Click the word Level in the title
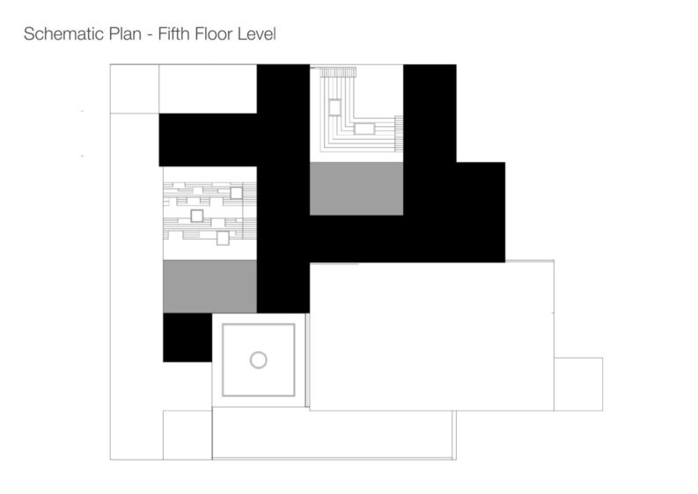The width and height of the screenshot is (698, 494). pos(256,33)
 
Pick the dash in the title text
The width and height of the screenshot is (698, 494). pos(150,35)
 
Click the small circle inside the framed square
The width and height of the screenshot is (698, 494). pos(258,360)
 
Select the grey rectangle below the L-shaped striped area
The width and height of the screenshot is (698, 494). pos(356,188)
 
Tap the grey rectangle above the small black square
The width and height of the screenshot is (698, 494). pos(209,286)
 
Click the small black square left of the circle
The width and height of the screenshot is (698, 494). pos(187,337)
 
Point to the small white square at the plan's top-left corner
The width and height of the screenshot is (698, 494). pos(135,89)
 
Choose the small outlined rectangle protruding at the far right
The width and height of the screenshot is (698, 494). pos(578,384)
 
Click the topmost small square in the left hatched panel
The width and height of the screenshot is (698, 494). pos(236,194)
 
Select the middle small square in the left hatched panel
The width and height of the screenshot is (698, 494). pos(197,216)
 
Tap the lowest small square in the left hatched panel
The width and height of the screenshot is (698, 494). pos(223,239)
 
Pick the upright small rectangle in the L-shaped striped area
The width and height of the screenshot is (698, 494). pos(334,107)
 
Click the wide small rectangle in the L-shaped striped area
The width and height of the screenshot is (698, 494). pos(364,129)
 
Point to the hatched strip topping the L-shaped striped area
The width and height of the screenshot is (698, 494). pos(337,72)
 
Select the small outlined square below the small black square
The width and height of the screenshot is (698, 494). pos(187,435)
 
